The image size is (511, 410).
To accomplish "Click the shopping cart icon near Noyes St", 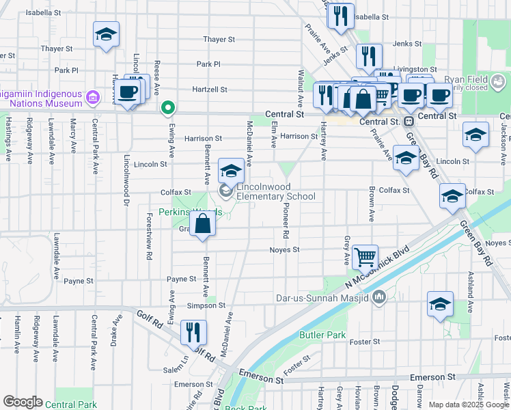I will (x=365, y=256).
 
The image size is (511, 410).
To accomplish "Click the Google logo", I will (x=23, y=402).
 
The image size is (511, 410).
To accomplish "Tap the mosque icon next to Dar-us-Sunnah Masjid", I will (x=380, y=297).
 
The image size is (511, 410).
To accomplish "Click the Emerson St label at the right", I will (x=432, y=377).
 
